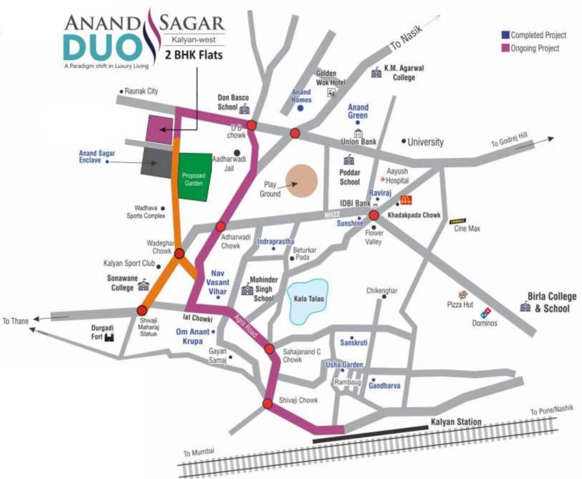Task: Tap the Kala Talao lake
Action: tap(306, 300)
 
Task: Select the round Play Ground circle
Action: tap(302, 181)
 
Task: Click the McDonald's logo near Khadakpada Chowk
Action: tap(406, 201)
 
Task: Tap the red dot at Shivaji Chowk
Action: tap(268, 404)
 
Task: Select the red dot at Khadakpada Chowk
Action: tap(374, 215)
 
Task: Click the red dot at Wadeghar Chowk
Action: tap(180, 253)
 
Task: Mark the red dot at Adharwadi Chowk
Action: tap(220, 226)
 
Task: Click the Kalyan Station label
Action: tap(456, 422)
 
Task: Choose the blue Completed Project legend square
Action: tap(505, 35)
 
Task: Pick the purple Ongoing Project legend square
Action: tap(505, 48)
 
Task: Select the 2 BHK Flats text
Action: tap(193, 54)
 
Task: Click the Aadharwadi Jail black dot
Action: tap(237, 152)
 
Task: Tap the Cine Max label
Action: tap(467, 229)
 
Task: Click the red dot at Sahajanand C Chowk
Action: tap(269, 349)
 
